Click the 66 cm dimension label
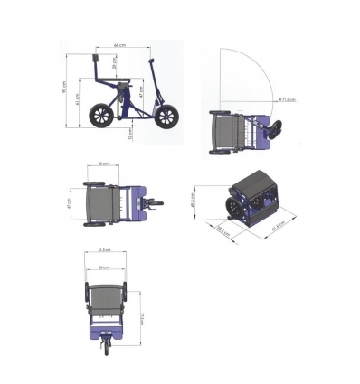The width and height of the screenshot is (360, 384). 118,44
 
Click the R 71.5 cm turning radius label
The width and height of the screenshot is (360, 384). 288,99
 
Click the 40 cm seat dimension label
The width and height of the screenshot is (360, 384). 104,164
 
